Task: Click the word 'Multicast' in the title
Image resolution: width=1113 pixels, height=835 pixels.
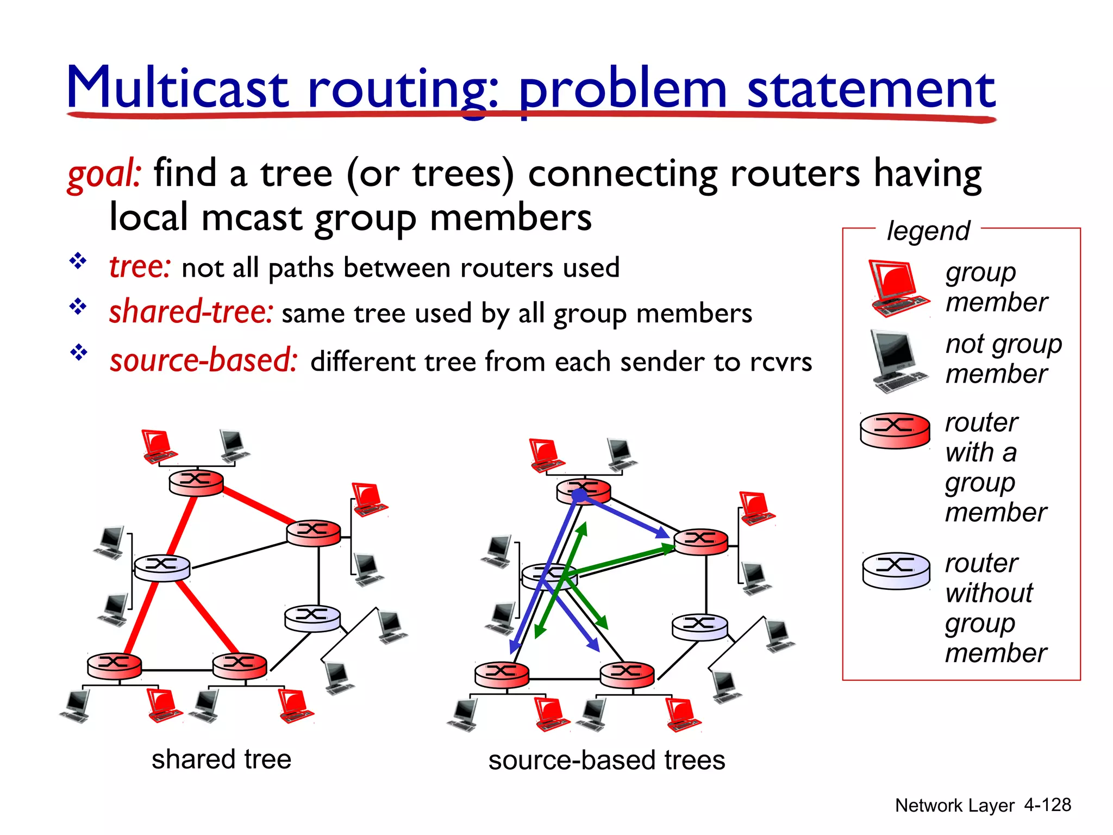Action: click(x=177, y=88)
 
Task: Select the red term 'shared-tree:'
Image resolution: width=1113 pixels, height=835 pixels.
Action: click(x=191, y=312)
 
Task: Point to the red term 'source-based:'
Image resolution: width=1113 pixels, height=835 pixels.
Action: click(x=203, y=360)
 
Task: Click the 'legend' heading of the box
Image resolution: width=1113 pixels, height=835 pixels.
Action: click(x=928, y=230)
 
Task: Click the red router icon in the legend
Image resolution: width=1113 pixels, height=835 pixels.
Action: click(x=895, y=430)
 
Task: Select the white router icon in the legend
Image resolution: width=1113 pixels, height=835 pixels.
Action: click(x=896, y=570)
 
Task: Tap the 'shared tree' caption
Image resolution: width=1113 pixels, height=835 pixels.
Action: click(x=221, y=759)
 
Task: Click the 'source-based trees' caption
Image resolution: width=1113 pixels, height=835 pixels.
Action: click(x=606, y=760)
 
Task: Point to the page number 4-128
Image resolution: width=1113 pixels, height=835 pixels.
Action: click(x=1047, y=805)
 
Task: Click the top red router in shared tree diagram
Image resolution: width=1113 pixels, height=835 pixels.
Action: click(x=196, y=482)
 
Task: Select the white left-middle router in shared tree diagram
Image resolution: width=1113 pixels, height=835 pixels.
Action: click(x=162, y=568)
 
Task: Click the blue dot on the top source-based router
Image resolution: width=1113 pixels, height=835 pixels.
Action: click(x=580, y=495)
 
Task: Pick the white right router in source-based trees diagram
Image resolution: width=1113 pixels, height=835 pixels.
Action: click(x=699, y=627)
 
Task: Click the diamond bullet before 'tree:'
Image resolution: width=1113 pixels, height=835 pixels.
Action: click(x=78, y=261)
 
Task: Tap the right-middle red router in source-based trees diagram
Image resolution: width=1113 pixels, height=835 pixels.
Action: click(x=701, y=541)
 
